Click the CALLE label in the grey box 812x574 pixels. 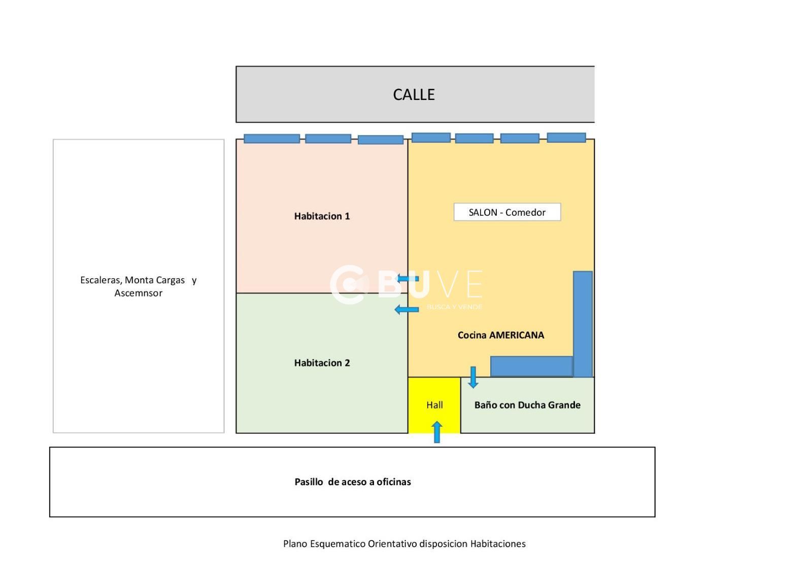click(414, 94)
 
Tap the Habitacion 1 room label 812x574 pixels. click(322, 217)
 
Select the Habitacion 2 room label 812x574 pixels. click(322, 363)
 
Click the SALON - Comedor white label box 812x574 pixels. click(507, 212)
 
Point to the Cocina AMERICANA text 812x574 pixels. click(500, 335)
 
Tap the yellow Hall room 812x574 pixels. click(434, 405)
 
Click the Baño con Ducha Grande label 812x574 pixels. click(527, 405)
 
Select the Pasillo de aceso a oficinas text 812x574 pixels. click(353, 482)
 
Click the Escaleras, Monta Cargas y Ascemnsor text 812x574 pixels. click(139, 286)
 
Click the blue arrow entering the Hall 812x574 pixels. click(437, 432)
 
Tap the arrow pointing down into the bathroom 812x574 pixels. click(472, 378)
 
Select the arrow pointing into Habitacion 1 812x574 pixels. click(408, 279)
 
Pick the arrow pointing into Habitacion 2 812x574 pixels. click(407, 310)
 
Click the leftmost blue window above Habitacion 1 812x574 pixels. click(272, 139)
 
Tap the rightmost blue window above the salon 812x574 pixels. click(566, 138)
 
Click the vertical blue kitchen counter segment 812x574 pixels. click(583, 324)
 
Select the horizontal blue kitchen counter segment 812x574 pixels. click(531, 366)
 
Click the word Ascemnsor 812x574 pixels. click(139, 293)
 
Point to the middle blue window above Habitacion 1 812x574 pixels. click(328, 139)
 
